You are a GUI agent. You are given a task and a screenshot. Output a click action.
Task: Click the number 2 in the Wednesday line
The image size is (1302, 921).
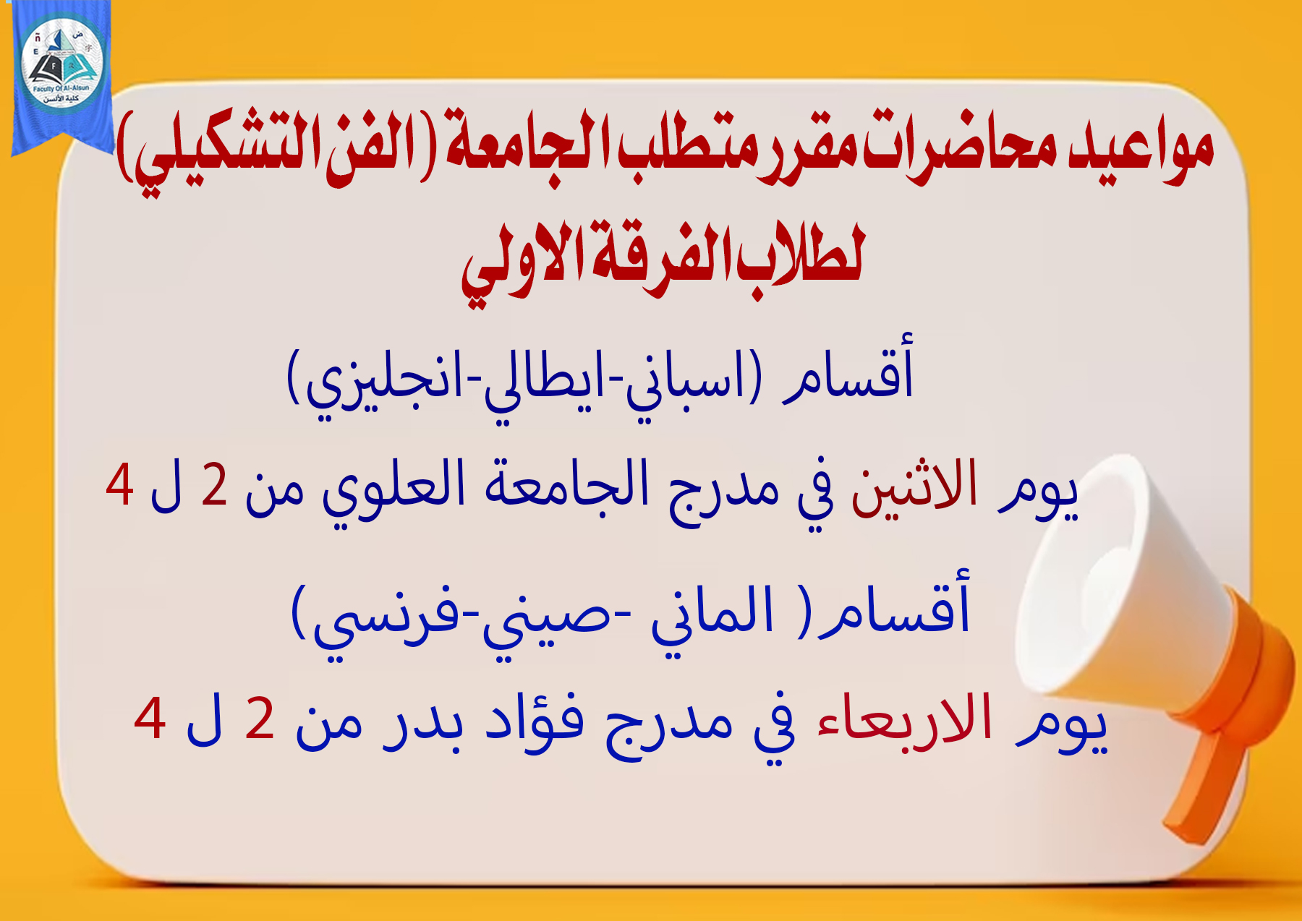tap(260, 719)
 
